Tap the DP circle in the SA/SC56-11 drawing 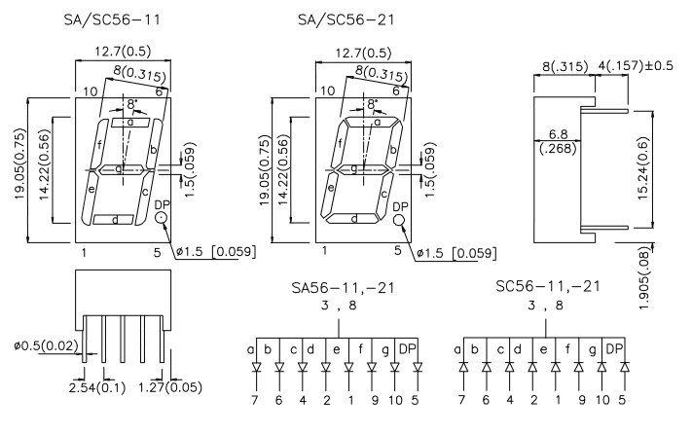[x=161, y=220]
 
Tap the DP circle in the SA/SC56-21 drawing [x=399, y=222]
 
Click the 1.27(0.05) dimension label [x=172, y=389]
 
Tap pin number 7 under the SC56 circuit [x=464, y=399]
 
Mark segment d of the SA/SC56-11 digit [x=115, y=220]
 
